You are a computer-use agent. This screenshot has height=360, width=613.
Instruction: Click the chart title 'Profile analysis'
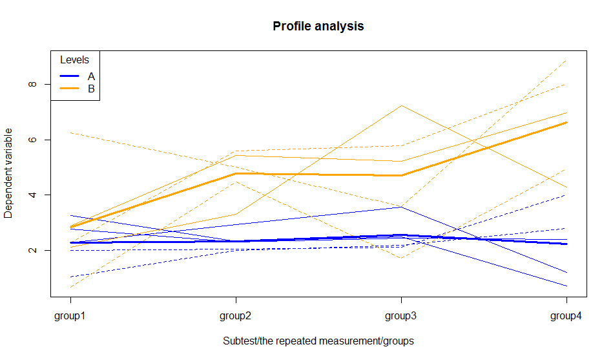[x=318, y=26]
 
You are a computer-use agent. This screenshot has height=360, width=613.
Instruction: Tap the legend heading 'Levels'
[x=74, y=60]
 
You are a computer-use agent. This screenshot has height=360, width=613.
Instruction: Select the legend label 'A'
[x=91, y=76]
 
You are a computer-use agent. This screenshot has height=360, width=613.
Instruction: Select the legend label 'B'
[x=91, y=89]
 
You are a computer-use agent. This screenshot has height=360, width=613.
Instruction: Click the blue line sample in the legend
[x=69, y=76]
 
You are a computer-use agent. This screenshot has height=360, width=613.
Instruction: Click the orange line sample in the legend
[x=69, y=89]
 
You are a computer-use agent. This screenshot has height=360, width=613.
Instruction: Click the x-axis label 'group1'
[x=70, y=316]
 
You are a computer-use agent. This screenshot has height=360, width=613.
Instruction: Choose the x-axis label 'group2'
[x=236, y=316]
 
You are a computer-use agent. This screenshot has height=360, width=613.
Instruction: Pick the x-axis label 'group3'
[x=401, y=316]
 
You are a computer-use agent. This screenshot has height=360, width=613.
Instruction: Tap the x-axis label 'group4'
[x=566, y=316]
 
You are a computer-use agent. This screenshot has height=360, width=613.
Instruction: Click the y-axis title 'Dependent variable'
[x=9, y=173]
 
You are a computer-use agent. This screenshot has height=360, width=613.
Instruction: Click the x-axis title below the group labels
[x=318, y=341]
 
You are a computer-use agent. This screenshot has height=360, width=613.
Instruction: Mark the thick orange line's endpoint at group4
[x=566, y=122]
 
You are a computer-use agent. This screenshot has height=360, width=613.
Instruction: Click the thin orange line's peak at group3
[x=401, y=105]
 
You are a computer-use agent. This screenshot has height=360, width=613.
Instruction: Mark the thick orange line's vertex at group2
[x=236, y=173]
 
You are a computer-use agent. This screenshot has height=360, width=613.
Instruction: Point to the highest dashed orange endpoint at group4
[x=566, y=61]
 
